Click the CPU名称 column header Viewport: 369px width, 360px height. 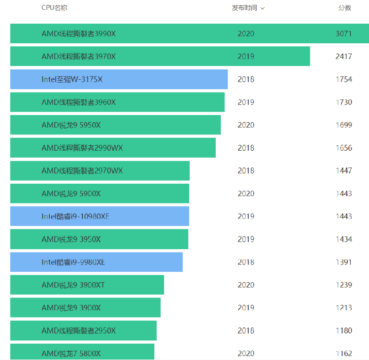[54, 8]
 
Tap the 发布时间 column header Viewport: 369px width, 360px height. [244, 8]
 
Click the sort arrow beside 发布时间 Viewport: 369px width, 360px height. [263, 8]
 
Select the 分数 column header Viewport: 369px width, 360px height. [344, 8]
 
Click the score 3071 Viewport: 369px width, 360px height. [343, 33]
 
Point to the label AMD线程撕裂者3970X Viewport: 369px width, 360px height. [79, 57]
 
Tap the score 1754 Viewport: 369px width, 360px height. [343, 79]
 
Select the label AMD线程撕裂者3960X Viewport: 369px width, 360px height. [79, 102]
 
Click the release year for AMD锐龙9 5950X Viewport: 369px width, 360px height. [246, 125]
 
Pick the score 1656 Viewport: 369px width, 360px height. [343, 148]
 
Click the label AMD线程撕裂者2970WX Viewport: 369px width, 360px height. [82, 170]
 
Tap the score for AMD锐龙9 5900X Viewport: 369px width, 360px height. [343, 194]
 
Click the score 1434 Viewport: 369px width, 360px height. [343, 239]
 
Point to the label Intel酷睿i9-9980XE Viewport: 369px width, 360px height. [73, 262]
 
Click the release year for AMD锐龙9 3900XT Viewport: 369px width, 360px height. [246, 285]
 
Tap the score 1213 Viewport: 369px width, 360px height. [343, 308]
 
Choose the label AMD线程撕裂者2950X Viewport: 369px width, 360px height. [79, 330]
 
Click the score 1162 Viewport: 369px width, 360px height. [343, 353]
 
